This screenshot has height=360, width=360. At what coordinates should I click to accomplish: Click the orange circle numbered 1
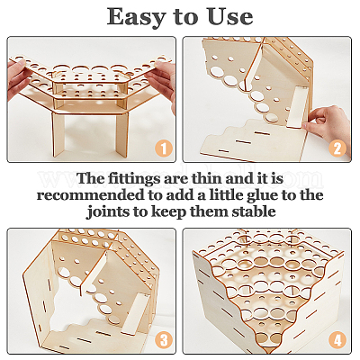point(164,149)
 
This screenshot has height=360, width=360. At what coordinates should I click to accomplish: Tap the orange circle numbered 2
point(337,149)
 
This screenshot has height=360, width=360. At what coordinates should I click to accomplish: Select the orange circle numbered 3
point(164,340)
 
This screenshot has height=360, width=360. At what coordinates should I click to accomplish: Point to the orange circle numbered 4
point(337,340)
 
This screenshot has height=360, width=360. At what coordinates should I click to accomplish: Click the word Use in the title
point(230,17)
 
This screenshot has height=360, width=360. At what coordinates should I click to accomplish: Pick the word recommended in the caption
point(91,195)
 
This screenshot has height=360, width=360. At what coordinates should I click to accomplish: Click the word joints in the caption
point(108,212)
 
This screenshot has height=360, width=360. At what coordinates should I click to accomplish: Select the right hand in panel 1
point(161,83)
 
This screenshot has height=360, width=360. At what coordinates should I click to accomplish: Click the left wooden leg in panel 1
point(58,134)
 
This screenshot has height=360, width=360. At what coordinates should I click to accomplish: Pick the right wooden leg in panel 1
point(122,134)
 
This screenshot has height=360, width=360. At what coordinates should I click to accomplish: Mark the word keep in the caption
point(169,212)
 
